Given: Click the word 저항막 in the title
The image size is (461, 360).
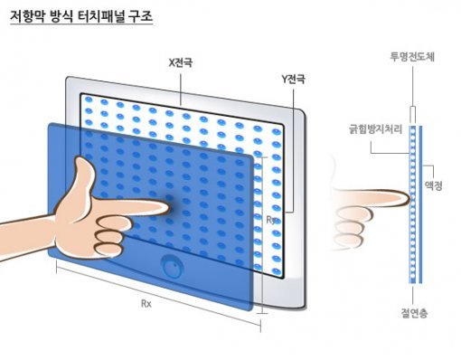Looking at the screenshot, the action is pos(27,16).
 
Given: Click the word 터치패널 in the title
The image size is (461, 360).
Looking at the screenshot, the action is pos(101,16).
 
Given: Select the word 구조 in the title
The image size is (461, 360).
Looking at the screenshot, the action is pos(140,16).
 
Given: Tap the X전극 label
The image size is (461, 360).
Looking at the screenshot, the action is pos(181,62).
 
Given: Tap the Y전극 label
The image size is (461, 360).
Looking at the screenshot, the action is pos(293,79).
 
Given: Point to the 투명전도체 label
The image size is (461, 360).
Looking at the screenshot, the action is pos(412,57).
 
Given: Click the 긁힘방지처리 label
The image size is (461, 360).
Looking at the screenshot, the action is pos(376,129).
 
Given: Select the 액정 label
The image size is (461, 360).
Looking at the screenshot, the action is pos(433,185).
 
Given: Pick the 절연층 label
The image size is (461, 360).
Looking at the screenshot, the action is pos(414,313).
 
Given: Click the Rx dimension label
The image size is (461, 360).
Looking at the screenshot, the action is pos(146,304).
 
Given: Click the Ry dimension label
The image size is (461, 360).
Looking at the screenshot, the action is pos(271,221).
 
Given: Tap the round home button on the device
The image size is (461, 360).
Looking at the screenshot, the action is pos(172,266).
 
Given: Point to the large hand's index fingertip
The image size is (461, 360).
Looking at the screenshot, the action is pos(169,207).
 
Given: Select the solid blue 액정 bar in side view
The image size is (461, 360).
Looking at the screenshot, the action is pos(420,204).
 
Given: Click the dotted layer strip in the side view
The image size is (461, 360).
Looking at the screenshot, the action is pos(412,204).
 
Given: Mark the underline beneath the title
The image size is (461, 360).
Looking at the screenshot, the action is pos(81,24).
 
